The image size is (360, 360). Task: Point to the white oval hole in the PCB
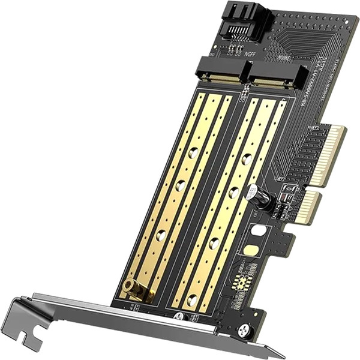pyautogui.click(x=259, y=229)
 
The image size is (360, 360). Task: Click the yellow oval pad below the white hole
pyautogui.click(x=253, y=249)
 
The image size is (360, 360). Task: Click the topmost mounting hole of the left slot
pyautogui.click(x=193, y=154)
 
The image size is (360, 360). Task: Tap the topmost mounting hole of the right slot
pyautogui.click(x=247, y=160)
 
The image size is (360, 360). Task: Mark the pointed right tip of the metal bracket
pyautogui.click(x=282, y=355)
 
